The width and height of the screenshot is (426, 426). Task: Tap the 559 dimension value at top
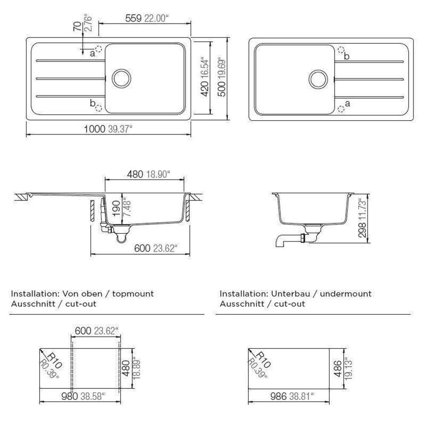[133, 18]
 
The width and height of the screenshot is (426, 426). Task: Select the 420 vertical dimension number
[205, 89]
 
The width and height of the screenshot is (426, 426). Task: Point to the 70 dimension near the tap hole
[77, 26]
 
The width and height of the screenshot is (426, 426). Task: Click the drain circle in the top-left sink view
[121, 78]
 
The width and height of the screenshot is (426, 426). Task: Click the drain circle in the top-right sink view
[318, 79]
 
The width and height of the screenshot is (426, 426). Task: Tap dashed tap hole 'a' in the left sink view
[98, 49]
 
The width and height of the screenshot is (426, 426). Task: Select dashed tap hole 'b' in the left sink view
[99, 108]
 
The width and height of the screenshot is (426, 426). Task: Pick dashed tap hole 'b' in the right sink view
[341, 50]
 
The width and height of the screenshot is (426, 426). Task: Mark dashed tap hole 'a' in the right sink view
[341, 109]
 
